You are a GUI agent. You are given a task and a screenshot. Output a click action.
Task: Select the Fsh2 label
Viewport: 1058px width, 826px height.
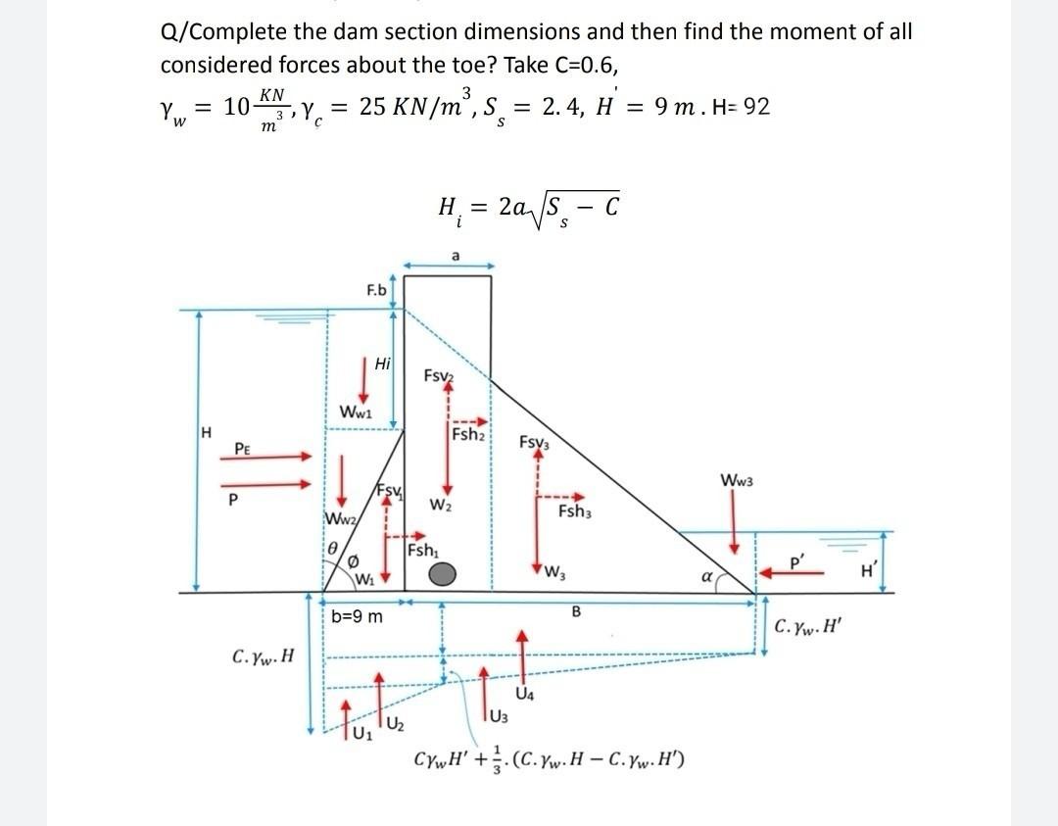click(470, 435)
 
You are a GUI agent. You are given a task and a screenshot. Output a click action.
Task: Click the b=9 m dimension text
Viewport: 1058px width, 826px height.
click(358, 617)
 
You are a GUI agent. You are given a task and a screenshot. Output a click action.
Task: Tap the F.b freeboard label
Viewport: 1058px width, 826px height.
click(376, 291)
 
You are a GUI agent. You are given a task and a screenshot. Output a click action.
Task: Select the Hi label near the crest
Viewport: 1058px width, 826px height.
click(383, 363)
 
